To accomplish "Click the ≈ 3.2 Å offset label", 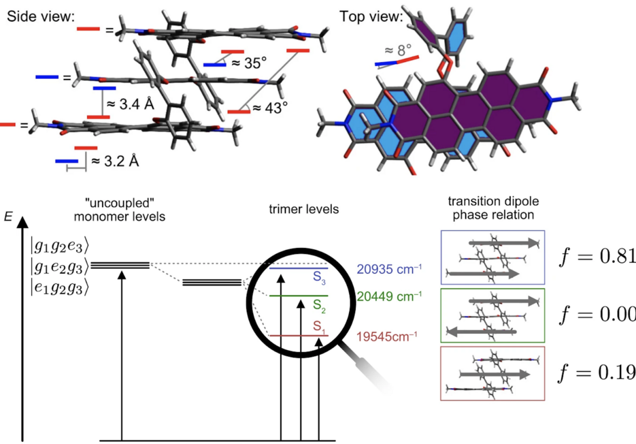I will (x=114, y=161).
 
